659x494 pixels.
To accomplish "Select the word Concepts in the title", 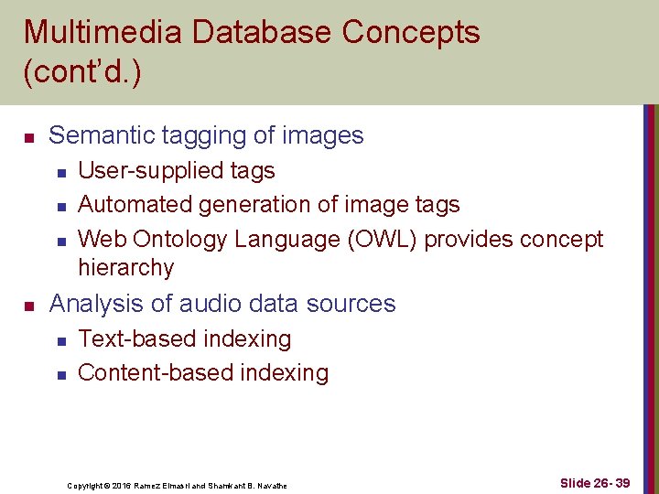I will click(410, 32).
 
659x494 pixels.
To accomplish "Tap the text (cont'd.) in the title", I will click(82, 72).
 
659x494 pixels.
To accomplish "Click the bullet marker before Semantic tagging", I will click(29, 137).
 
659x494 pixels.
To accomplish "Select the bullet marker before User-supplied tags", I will click(60, 172).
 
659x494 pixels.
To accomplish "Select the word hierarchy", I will click(125, 268).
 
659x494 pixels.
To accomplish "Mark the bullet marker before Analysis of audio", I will click(29, 306).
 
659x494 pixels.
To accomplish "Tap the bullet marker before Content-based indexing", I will click(60, 374).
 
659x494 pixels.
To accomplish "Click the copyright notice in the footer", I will click(177, 486).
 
